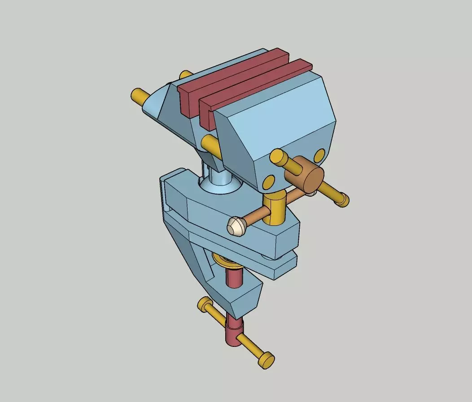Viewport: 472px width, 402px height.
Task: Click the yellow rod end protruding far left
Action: [140, 95]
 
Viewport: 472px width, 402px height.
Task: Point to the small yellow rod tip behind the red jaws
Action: [184, 74]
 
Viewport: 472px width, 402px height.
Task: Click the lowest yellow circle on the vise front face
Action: [268, 182]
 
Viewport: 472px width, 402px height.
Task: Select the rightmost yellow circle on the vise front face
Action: [319, 155]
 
